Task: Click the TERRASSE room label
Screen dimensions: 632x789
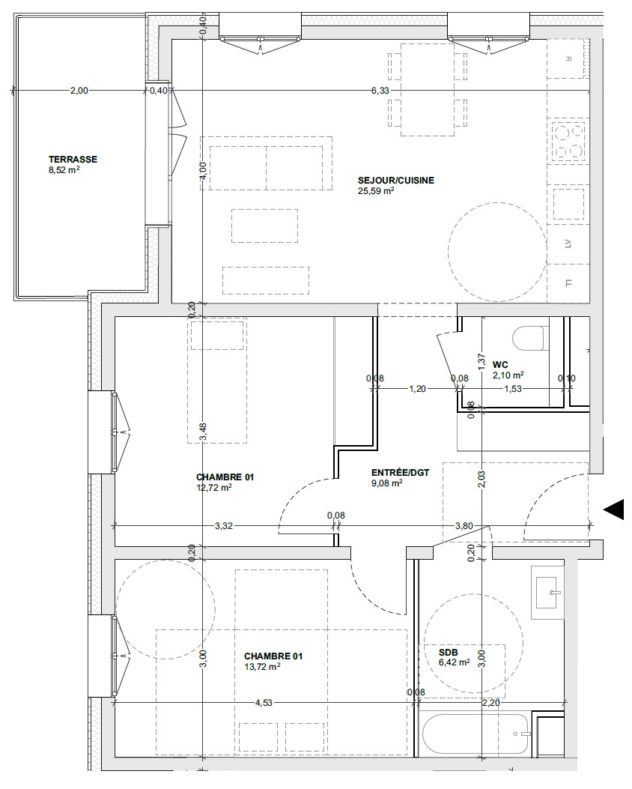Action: pyautogui.click(x=73, y=159)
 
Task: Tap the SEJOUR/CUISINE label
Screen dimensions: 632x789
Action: pyautogui.click(x=395, y=180)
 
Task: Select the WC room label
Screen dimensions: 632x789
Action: pyautogui.click(x=500, y=364)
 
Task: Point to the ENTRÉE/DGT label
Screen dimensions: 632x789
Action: pyautogui.click(x=400, y=473)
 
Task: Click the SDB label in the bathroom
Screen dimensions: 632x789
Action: pyautogui.click(x=448, y=653)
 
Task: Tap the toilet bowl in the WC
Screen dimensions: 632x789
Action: pyautogui.click(x=530, y=338)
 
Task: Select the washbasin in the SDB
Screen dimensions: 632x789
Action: pyautogui.click(x=547, y=592)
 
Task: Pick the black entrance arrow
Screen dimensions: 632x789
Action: pyautogui.click(x=614, y=510)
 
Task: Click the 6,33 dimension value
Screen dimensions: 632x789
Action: pyautogui.click(x=380, y=91)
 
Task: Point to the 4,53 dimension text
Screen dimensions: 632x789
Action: pyautogui.click(x=264, y=702)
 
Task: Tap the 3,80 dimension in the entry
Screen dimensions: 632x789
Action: pyautogui.click(x=464, y=526)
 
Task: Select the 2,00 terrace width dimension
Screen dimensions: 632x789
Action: pyautogui.click(x=79, y=91)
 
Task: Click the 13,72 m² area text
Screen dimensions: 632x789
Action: pyautogui.click(x=262, y=667)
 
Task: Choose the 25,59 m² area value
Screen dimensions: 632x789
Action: pyautogui.click(x=376, y=191)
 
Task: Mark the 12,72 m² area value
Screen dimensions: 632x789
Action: pyautogui.click(x=213, y=488)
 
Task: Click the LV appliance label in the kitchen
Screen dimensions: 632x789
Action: pyautogui.click(x=568, y=244)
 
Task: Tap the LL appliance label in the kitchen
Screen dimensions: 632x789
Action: pyautogui.click(x=568, y=283)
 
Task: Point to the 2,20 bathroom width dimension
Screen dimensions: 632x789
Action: pyautogui.click(x=491, y=702)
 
